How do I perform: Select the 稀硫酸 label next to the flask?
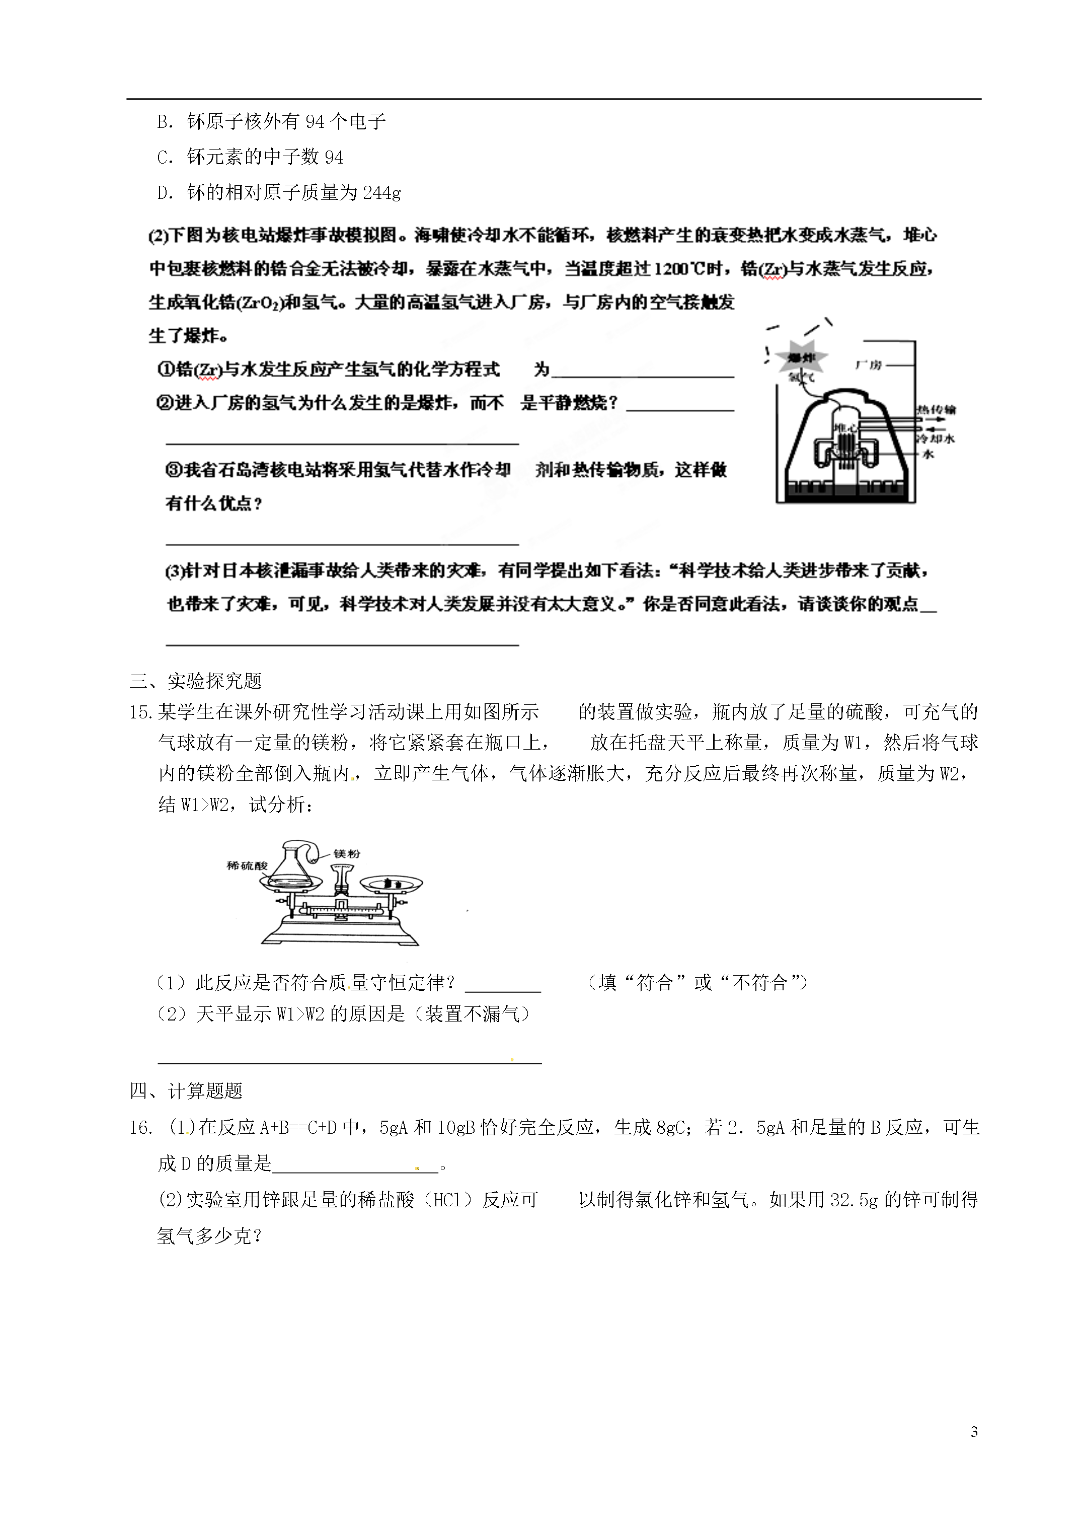247,865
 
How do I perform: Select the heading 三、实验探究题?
196,681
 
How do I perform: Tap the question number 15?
142,712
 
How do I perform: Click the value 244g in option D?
382,193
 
